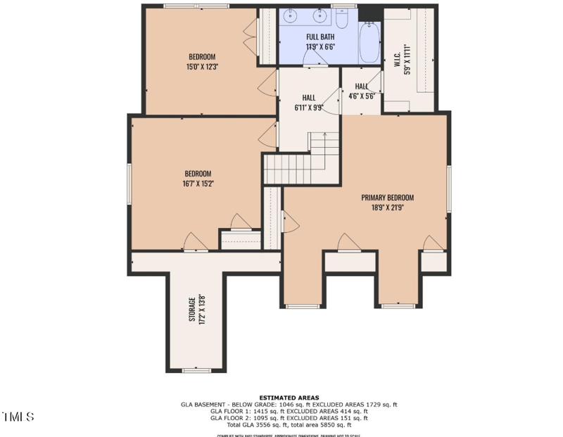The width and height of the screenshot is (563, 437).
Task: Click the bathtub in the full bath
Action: click(369, 43)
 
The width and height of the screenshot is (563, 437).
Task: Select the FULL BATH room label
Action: click(320, 37)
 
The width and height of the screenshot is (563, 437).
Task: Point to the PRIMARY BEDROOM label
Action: click(387, 198)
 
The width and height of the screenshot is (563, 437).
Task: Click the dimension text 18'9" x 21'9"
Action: click(387, 208)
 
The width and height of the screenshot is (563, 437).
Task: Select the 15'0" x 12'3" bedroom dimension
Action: click(201, 67)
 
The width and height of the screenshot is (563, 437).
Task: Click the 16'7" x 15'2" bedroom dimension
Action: click(198, 184)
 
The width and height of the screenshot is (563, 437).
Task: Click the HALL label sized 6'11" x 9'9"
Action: click(309, 98)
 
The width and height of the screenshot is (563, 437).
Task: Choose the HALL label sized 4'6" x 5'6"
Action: click(362, 87)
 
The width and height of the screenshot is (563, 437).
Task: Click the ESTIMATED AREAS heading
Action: click(289, 398)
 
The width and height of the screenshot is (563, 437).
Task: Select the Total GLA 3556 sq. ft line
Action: click(289, 425)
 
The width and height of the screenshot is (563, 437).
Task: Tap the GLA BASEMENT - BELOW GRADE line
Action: click(289, 405)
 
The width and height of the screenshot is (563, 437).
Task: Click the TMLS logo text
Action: click(18, 417)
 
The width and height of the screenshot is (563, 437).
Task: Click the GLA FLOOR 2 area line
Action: click(289, 418)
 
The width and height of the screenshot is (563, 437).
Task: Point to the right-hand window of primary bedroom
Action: click(448, 188)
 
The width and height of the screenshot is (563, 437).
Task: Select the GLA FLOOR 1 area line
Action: click(289, 412)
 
